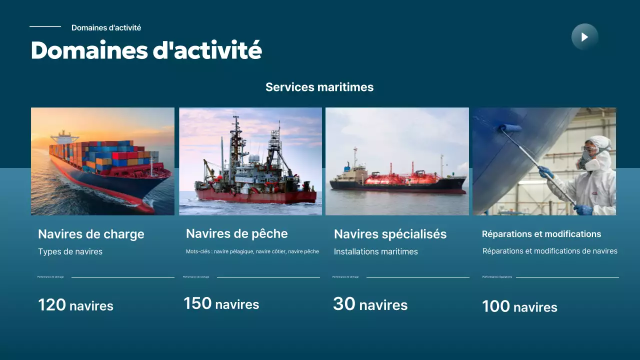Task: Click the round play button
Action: click(x=584, y=37)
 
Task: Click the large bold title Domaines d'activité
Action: click(x=146, y=50)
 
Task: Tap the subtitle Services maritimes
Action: click(x=319, y=87)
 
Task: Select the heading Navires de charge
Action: click(x=91, y=234)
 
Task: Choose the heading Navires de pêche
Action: click(x=236, y=233)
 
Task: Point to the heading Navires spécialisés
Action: click(x=390, y=234)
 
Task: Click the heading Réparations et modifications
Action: click(x=541, y=234)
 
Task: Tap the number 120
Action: click(x=52, y=305)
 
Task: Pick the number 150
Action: click(x=197, y=303)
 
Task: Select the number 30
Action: click(x=344, y=304)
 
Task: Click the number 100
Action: click(x=496, y=306)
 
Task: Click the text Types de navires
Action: click(x=70, y=251)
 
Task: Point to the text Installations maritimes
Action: click(x=375, y=251)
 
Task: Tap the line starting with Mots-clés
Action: click(x=252, y=251)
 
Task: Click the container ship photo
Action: click(x=102, y=161)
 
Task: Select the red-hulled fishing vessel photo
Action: click(x=250, y=161)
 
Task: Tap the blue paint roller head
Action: click(x=509, y=128)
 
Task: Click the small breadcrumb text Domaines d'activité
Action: click(x=106, y=28)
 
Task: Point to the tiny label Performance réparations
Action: click(x=497, y=277)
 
